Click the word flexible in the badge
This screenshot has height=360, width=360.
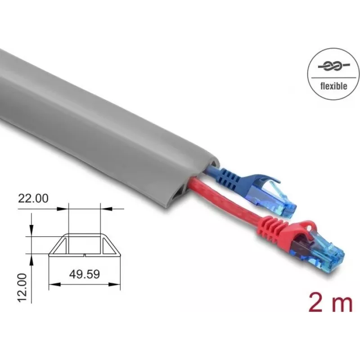pyautogui.click(x=333, y=86)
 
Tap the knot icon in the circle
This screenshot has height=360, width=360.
pyautogui.click(x=333, y=67)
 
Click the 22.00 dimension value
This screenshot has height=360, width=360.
pyautogui.click(x=33, y=198)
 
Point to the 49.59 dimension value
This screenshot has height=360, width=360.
pyautogui.click(x=85, y=274)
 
